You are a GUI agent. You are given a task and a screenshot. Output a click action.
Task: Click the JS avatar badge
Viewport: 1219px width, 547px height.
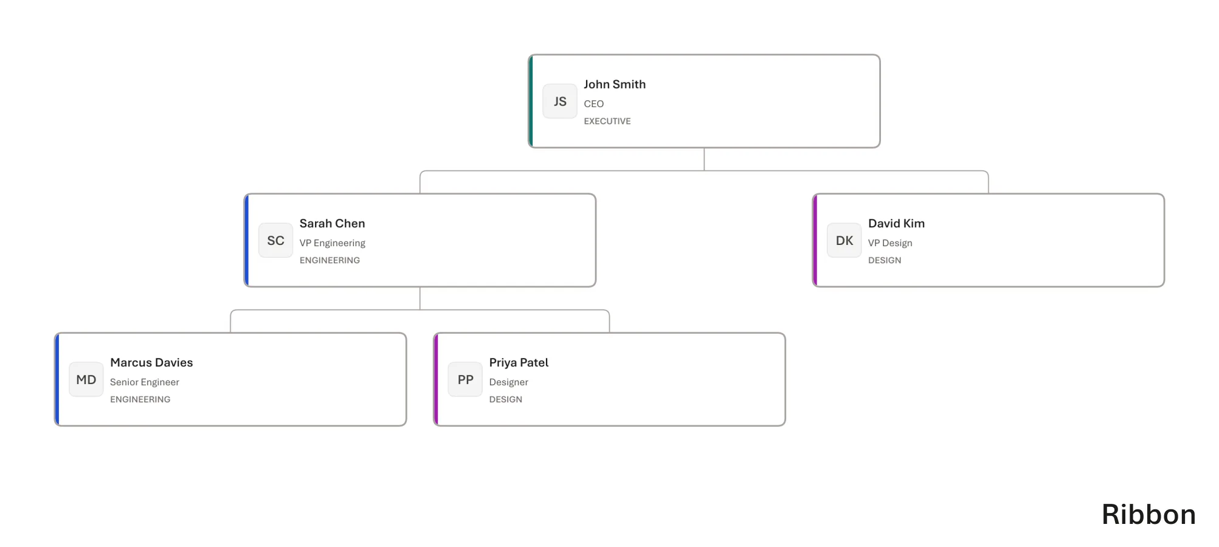560,101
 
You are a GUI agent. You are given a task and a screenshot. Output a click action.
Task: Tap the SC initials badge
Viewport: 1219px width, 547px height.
275,240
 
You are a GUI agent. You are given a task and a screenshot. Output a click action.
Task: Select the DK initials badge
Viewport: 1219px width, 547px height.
844,240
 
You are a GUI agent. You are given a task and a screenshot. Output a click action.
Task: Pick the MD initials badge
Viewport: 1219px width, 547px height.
86,379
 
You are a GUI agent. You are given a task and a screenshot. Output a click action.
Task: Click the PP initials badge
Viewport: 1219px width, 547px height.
465,379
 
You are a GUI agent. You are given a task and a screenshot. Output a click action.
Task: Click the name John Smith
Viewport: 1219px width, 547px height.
615,84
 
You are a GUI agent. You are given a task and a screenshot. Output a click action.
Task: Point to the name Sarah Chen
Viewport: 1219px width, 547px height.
332,224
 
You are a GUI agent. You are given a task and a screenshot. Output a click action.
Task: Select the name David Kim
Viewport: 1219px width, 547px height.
896,224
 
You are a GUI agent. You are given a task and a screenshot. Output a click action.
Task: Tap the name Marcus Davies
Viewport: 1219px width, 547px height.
151,363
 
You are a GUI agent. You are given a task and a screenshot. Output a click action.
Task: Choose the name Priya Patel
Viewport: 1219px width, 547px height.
519,363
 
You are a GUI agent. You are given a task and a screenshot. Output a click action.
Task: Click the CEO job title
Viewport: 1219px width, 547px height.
593,104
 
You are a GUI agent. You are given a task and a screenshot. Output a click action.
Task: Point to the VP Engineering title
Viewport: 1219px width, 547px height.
332,243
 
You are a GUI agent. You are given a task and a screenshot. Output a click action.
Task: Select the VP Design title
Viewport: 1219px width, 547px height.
890,243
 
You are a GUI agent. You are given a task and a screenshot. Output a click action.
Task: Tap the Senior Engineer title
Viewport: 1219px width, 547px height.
144,382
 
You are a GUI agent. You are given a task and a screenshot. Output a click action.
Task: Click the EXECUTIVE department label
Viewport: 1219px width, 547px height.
607,121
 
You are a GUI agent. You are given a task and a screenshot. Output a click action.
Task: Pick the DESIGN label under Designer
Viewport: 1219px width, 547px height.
505,399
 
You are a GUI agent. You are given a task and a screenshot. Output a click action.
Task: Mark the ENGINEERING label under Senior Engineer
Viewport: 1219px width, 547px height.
140,399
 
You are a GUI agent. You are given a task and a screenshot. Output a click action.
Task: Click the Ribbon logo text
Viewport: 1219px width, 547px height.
1148,515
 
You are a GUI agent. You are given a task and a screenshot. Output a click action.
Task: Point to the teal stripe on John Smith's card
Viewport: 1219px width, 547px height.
531,101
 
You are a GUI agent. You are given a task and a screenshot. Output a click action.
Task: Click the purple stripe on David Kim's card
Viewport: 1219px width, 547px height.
815,240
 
